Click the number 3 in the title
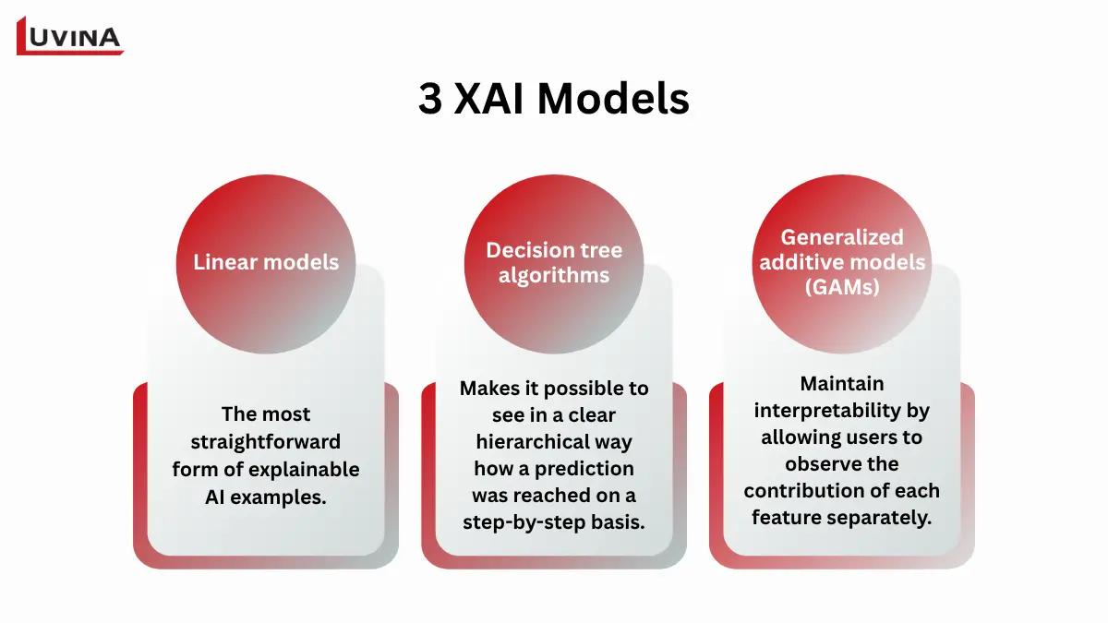[430, 100]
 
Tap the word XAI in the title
[491, 100]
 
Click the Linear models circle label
[266, 262]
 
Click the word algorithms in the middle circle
[554, 275]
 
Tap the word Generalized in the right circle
[841, 237]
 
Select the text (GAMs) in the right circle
[841, 286]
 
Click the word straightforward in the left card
[266, 441]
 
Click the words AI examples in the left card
[265, 497]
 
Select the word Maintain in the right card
[841, 383]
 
